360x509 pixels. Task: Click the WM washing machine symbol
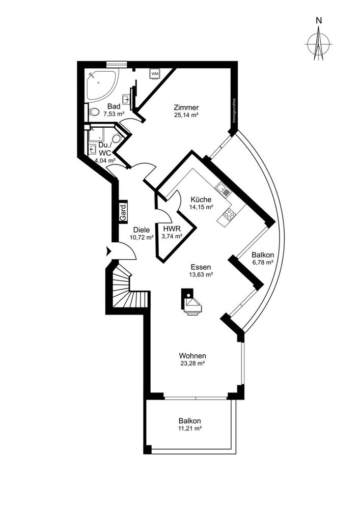pyautogui.click(x=155, y=73)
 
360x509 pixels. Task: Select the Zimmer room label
pyautogui.click(x=186, y=107)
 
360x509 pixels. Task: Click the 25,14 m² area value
pyautogui.click(x=186, y=115)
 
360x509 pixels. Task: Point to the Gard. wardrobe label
pyautogui.click(x=123, y=211)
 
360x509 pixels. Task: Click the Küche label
pyautogui.click(x=201, y=200)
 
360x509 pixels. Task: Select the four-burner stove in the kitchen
pyautogui.click(x=229, y=213)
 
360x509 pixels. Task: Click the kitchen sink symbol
pyautogui.click(x=224, y=188)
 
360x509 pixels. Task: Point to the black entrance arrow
pyautogui.click(x=108, y=251)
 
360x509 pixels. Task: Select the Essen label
pyautogui.click(x=201, y=267)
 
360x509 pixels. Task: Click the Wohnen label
pyautogui.click(x=192, y=356)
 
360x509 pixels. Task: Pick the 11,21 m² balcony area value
pyautogui.click(x=190, y=429)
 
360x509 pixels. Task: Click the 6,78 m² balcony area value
pyautogui.click(x=263, y=263)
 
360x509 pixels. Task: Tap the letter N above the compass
pyautogui.click(x=319, y=20)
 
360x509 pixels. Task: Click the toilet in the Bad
pyautogui.click(x=94, y=112)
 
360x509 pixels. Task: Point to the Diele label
pyautogui.click(x=142, y=230)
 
